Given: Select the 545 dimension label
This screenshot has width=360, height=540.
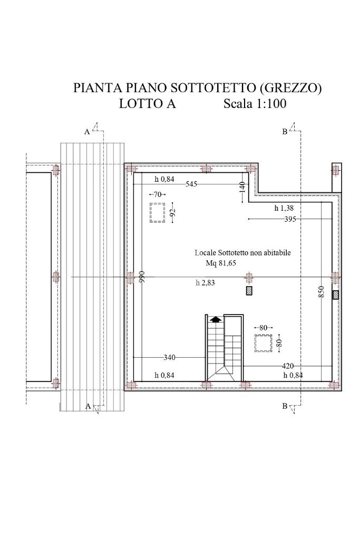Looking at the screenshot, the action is [191, 184].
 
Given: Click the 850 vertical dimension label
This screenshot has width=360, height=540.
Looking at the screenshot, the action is [321, 292].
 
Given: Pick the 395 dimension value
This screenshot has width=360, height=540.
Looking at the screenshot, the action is [290, 219].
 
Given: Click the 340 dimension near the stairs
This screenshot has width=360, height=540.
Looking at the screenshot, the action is [169, 358].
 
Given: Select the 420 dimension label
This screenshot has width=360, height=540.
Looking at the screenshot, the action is [288, 366].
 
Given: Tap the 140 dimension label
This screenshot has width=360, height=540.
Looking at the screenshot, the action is [242, 188].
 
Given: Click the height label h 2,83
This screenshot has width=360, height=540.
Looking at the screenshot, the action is [206, 283].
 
